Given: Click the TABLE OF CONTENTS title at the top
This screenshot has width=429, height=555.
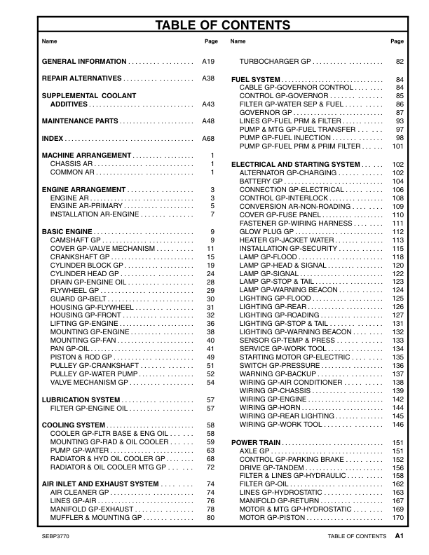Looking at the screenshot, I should point(222,26).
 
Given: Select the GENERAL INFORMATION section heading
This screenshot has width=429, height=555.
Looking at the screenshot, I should point(84,62).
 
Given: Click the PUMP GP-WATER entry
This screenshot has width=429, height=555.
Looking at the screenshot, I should point(76,450).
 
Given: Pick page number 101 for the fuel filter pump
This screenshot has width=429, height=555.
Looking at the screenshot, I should point(397,146).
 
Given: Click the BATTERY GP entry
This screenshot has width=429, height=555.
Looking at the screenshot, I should point(261,181).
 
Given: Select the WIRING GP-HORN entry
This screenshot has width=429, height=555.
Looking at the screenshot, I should point(270,408).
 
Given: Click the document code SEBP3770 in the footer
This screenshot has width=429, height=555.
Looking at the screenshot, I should point(55,536).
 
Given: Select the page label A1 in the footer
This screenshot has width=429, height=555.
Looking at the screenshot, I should point(399,536).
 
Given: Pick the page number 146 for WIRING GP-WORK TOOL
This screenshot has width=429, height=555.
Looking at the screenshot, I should point(397,425).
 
